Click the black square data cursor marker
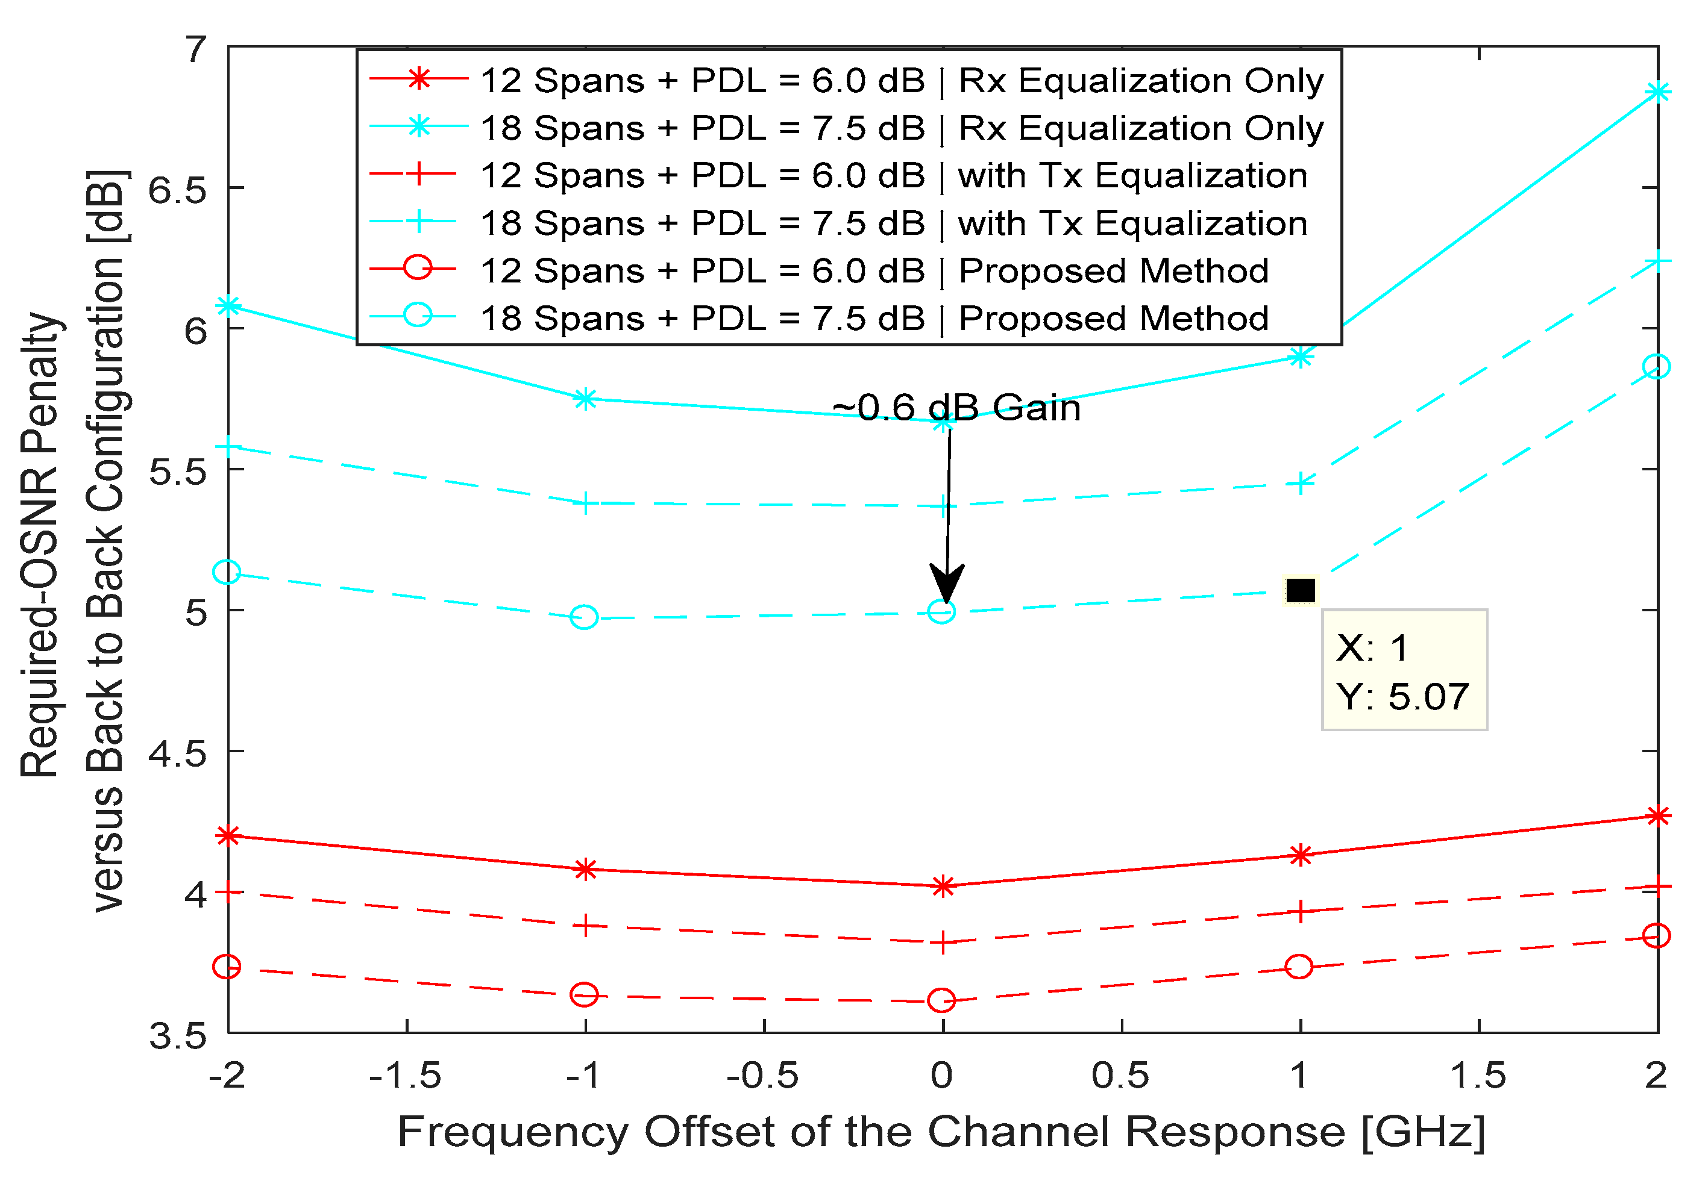point(1300,590)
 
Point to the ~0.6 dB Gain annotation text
point(956,408)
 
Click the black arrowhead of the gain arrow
point(946,585)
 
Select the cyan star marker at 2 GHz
point(1657,92)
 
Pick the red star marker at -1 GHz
point(585,870)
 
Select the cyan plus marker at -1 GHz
point(585,504)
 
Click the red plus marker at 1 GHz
point(1300,912)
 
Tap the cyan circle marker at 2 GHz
point(1656,366)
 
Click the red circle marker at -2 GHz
point(227,967)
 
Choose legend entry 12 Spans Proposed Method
point(874,271)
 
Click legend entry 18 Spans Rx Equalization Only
point(901,128)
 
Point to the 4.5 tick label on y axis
point(177,753)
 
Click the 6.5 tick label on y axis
point(177,190)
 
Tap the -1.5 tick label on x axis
point(406,1075)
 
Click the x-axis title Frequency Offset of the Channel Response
point(941,1132)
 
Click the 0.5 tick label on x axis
point(1120,1075)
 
